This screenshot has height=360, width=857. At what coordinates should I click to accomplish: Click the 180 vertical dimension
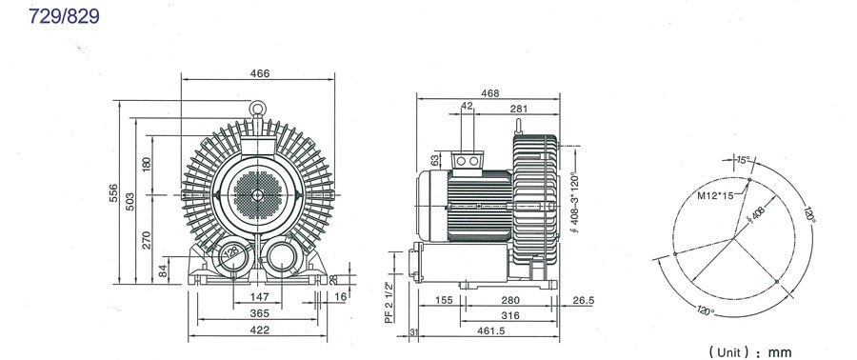[147, 164]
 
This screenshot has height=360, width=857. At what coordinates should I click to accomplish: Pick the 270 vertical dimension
[147, 239]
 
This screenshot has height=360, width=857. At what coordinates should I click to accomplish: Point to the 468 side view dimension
[490, 93]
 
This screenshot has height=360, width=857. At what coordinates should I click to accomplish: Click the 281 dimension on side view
[518, 109]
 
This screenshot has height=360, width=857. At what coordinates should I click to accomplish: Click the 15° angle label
[742, 160]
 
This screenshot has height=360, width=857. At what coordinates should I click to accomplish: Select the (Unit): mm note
[749, 350]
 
